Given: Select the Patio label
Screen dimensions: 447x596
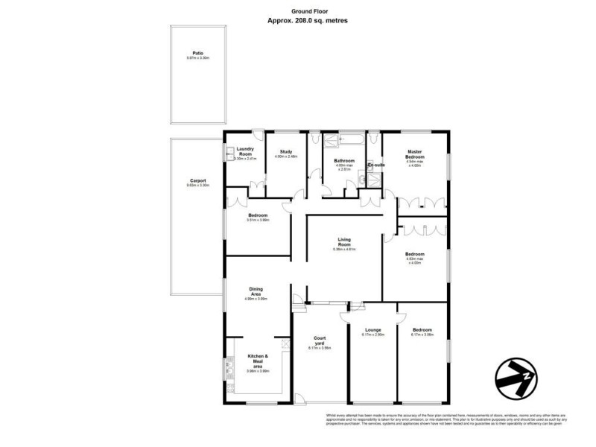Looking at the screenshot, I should [x=197, y=54].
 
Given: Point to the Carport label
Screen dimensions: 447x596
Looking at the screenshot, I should [x=197, y=180].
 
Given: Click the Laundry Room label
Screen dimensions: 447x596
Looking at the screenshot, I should [x=246, y=152].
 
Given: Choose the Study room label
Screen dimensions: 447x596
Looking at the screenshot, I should [x=286, y=152].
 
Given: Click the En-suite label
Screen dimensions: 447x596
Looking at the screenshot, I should [x=376, y=165].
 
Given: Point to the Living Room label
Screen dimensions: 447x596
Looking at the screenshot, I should [x=344, y=241].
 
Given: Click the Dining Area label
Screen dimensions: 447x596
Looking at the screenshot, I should [x=256, y=292].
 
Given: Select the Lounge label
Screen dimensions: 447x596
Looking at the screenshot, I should [x=372, y=329].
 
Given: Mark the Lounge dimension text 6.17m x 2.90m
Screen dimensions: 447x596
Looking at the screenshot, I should [x=372, y=335].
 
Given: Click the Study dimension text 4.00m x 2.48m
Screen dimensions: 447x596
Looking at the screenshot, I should [x=286, y=156].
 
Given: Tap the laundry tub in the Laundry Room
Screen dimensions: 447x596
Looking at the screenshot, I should [x=229, y=152].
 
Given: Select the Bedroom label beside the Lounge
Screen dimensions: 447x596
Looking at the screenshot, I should [x=422, y=329].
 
